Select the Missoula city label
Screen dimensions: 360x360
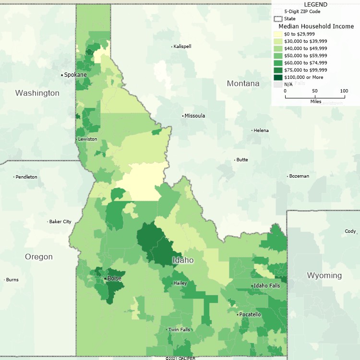point(195,116)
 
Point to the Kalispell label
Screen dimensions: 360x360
point(182,46)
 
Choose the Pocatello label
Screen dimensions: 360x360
point(250,314)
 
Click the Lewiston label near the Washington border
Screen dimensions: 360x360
point(87,139)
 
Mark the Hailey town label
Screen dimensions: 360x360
point(180,283)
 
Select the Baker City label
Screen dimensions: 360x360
point(60,222)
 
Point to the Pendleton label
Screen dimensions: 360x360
point(26,177)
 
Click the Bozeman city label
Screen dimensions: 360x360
point(299,176)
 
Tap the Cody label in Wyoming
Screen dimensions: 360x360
point(350,231)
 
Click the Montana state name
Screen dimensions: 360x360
point(243,84)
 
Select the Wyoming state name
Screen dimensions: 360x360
point(324,276)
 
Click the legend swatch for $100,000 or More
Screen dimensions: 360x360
point(278,77)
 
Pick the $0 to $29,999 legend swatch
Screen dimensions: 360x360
point(278,34)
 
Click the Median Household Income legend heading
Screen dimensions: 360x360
point(316,26)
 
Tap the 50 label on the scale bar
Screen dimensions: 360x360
point(314,91)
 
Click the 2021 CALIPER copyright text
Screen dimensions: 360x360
point(180,358)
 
